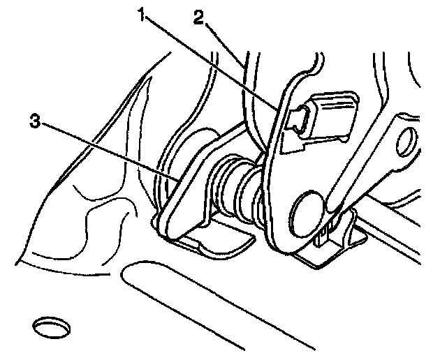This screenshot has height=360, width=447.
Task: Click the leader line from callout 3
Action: pyautogui.click(x=105, y=149)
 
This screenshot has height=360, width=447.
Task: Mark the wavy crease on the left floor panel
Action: pyautogui.click(x=91, y=216)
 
